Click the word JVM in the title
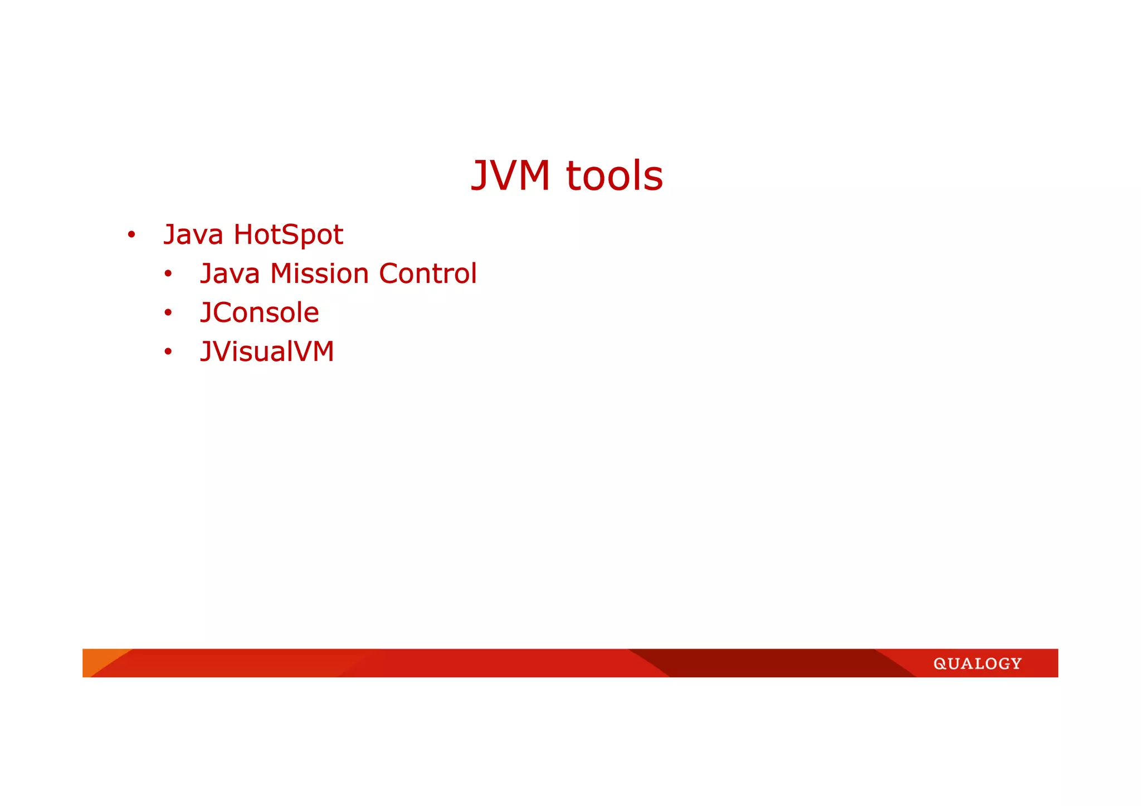tap(510, 176)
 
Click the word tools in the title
tap(615, 176)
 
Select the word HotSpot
tap(288, 235)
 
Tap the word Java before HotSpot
tap(193, 235)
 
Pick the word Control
tap(427, 273)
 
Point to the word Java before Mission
tap(230, 273)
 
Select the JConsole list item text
tap(260, 312)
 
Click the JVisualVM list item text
tap(267, 351)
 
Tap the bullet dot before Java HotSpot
tap(131, 235)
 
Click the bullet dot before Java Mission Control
tap(168, 274)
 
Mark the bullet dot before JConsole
tap(168, 313)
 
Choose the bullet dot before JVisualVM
tap(168, 352)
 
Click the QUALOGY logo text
tap(977, 663)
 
